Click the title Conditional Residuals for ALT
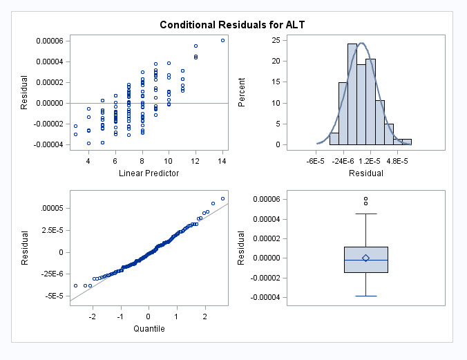(x=232, y=25)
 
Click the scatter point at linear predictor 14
(x=222, y=40)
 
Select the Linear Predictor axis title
(x=149, y=173)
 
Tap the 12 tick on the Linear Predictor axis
(x=196, y=160)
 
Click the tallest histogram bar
(x=352, y=94)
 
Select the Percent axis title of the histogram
(x=242, y=92)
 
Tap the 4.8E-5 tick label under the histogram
(x=397, y=160)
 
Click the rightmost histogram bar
(x=407, y=142)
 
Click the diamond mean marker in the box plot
(x=365, y=258)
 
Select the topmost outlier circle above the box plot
(x=365, y=199)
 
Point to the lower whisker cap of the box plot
(x=365, y=296)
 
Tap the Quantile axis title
(x=149, y=329)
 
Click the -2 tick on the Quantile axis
(x=92, y=316)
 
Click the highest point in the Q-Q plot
(x=222, y=198)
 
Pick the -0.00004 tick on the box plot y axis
(x=274, y=298)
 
